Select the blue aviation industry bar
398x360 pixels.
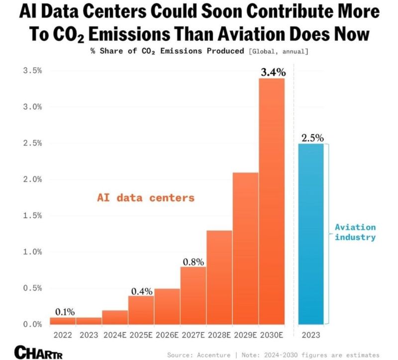[x=311, y=234]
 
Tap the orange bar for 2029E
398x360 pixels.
[x=246, y=249]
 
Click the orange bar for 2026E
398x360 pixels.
[x=167, y=306]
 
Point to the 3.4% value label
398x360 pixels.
[x=273, y=73]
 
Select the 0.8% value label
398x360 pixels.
[x=193, y=261]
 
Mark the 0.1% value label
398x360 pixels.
[x=65, y=312]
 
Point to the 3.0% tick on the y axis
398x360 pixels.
[x=31, y=107]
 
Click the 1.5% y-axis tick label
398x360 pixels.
[x=31, y=216]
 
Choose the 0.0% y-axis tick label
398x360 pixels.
[x=31, y=324]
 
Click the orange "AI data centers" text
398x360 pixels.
[x=146, y=198]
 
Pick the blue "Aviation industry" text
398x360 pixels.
[x=355, y=232]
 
